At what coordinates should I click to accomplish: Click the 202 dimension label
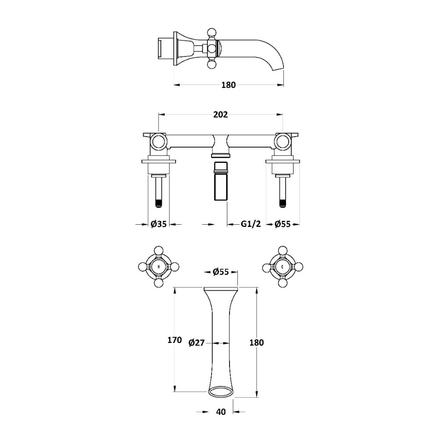point(220,114)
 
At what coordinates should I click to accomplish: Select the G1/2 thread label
point(251,224)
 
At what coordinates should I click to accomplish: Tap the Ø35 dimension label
point(159,224)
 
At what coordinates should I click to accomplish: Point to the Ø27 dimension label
point(197,343)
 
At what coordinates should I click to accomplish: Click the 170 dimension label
point(175,340)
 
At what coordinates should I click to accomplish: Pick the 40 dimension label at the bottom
point(221,412)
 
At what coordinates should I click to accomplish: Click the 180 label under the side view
point(229,85)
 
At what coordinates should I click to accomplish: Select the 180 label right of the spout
point(256,343)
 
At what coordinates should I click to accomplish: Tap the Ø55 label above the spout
point(221,272)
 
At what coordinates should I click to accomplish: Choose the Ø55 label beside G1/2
point(283,224)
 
